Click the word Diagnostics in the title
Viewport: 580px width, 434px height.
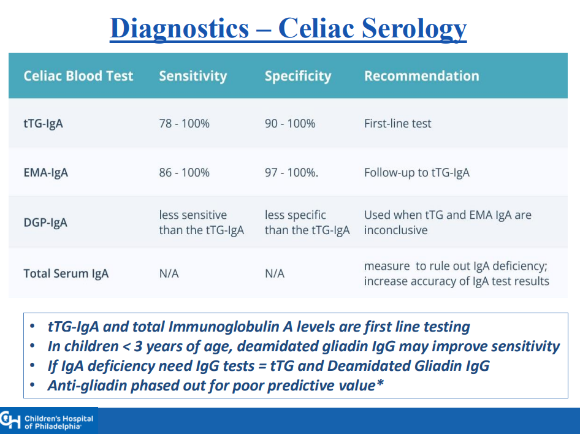pyautogui.click(x=180, y=29)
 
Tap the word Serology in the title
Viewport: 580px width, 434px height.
pyautogui.click(x=414, y=29)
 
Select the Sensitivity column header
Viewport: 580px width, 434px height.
pyautogui.click(x=193, y=76)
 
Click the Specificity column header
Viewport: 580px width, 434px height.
pyautogui.click(x=298, y=76)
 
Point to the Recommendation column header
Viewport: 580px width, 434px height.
pyautogui.click(x=422, y=76)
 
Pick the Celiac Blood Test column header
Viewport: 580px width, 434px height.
pyautogui.click(x=78, y=76)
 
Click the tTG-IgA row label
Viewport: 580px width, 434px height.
pyautogui.click(x=44, y=123)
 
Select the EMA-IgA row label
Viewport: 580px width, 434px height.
pyautogui.click(x=46, y=173)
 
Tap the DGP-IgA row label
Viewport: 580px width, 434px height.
pyautogui.click(x=45, y=223)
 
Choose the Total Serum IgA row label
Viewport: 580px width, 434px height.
pyautogui.click(x=66, y=273)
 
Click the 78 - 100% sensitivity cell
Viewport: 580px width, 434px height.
pyautogui.click(x=184, y=123)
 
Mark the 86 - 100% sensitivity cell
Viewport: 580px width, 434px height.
pyautogui.click(x=184, y=173)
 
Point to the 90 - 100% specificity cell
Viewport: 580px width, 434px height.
pyautogui.click(x=290, y=123)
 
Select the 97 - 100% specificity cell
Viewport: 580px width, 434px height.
pyautogui.click(x=291, y=173)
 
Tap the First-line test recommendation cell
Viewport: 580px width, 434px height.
pyautogui.click(x=398, y=123)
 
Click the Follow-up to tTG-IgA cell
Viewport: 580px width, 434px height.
pyautogui.click(x=417, y=173)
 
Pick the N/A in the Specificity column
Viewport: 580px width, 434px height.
pyautogui.click(x=275, y=273)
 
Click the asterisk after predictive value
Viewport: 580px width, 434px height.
pyautogui.click(x=380, y=383)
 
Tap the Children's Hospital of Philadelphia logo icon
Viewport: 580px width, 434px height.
pyautogui.click(x=10, y=421)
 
